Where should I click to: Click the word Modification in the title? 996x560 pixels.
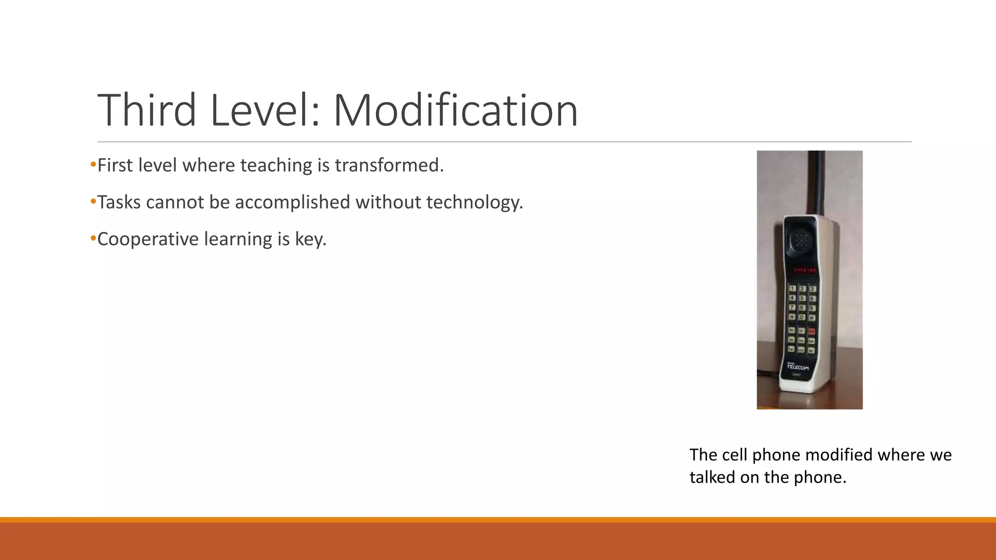tap(455, 110)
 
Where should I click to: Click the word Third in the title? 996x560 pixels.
tap(147, 110)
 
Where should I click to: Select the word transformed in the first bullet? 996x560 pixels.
tap(389, 165)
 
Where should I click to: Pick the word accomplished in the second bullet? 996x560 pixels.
tap(292, 202)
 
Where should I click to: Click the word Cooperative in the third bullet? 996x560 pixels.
tap(148, 239)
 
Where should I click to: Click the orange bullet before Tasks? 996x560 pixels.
tap(93, 201)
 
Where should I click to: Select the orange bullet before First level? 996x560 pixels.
tap(93, 164)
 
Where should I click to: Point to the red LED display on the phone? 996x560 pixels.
tap(805, 270)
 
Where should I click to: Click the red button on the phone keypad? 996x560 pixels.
tap(812, 332)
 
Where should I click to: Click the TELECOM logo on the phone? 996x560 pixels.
tap(798, 367)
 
